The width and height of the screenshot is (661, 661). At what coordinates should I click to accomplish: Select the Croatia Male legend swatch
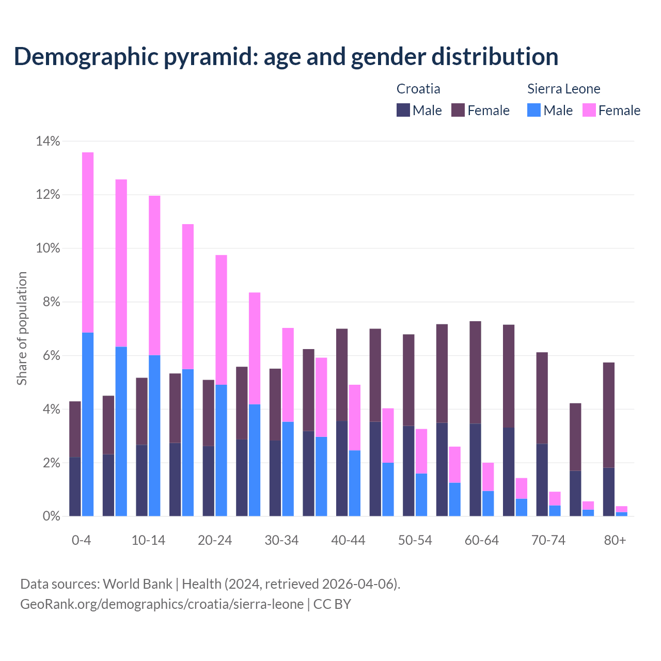(403, 110)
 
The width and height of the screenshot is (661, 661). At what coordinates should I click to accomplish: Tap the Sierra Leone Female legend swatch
(589, 110)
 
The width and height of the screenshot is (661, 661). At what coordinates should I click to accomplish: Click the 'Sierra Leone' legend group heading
(563, 89)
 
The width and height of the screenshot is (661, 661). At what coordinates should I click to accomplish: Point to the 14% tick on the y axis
(48, 141)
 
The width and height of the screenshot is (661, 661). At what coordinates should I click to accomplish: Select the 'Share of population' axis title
(22, 328)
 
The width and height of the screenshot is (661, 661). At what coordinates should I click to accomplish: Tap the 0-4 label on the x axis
(81, 540)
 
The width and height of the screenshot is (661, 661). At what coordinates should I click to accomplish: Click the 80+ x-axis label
(615, 540)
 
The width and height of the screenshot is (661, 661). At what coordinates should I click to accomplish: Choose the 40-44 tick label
(348, 540)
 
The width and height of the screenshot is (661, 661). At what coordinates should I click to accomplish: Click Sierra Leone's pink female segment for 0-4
(88, 242)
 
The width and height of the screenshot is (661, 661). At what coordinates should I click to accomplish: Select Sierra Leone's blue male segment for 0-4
(88, 424)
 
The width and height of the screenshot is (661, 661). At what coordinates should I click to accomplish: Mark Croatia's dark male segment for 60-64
(475, 469)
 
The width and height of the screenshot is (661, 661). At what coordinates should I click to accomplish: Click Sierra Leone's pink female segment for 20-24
(221, 320)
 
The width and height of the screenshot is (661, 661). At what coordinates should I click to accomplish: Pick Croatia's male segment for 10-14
(141, 480)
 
